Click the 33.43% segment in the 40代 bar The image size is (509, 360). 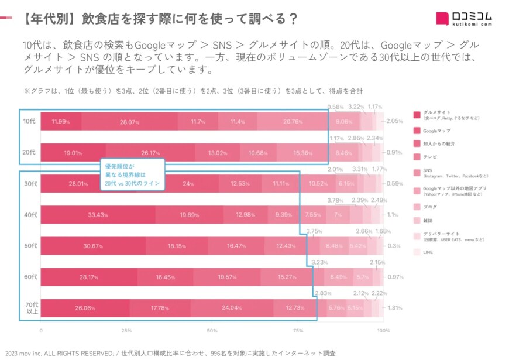click(x=98, y=215)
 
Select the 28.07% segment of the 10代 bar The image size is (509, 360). click(x=128, y=122)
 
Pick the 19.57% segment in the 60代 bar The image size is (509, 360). click(x=238, y=276)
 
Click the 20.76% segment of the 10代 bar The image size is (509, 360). click(x=291, y=122)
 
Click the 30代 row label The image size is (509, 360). click(x=30, y=184)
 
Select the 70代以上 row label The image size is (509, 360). click(x=30, y=307)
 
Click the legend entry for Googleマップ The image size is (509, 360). click(x=436, y=131)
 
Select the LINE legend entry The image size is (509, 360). click(x=429, y=252)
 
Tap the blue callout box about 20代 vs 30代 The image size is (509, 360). click(x=132, y=175)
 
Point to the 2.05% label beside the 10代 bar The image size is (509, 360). click(x=394, y=121)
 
